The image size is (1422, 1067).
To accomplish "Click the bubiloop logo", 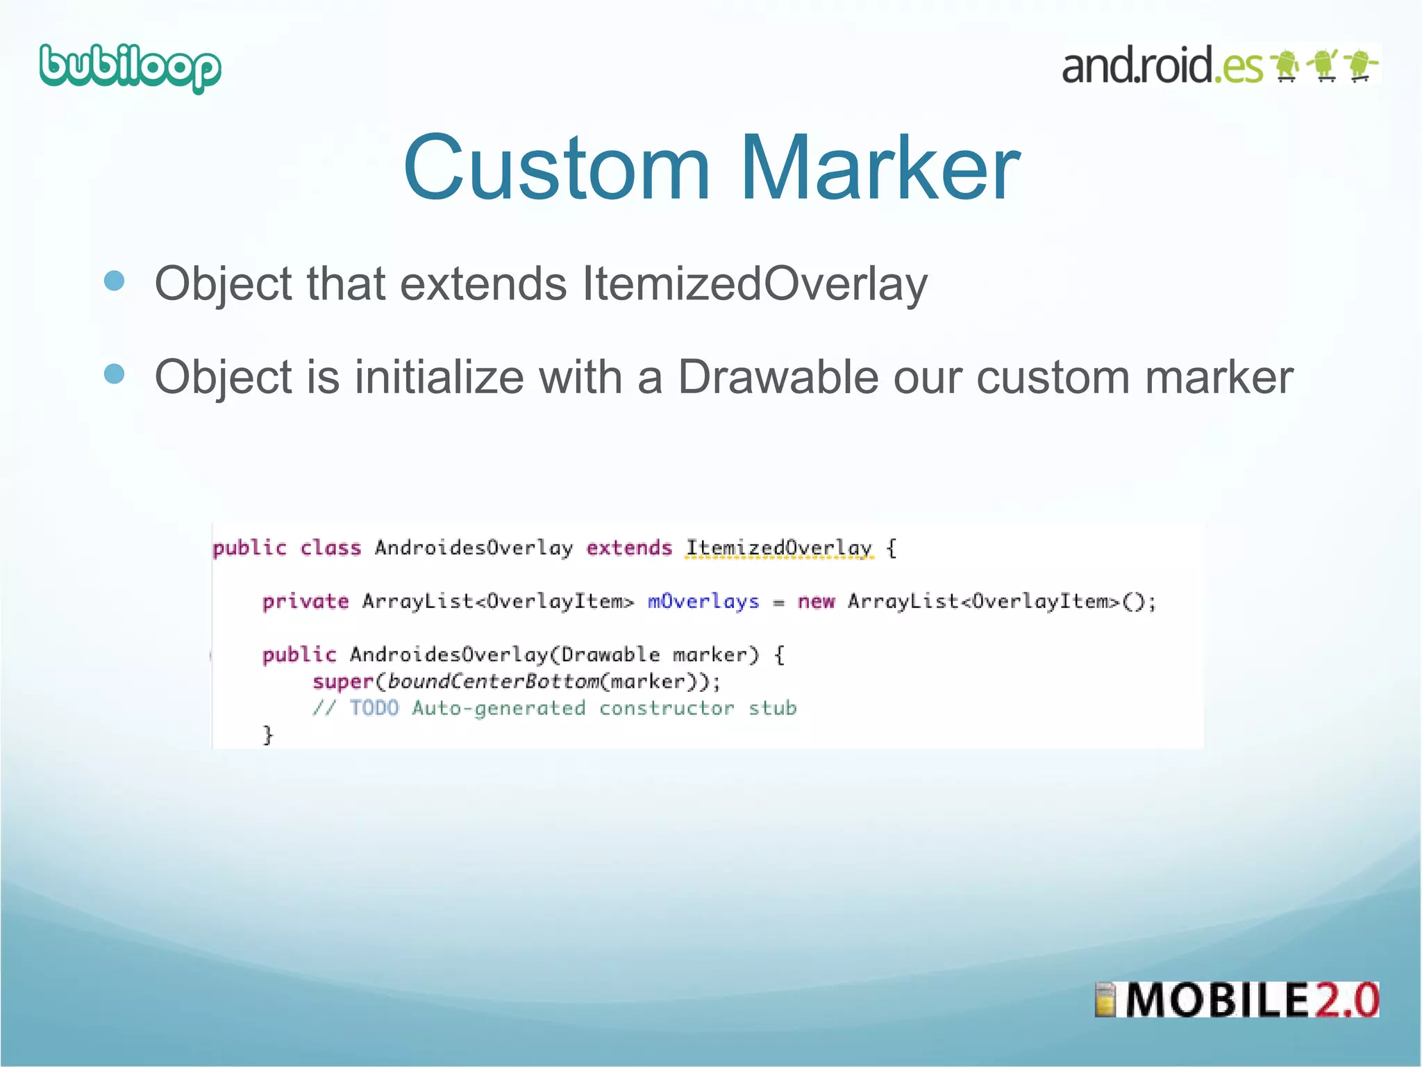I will (x=130, y=68).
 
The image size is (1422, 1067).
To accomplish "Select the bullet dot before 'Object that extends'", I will (x=114, y=281).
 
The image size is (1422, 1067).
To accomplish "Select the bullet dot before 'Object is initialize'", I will (x=114, y=374).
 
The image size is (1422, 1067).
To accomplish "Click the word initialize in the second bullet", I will (x=439, y=377).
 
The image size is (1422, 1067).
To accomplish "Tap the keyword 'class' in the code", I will (x=331, y=548).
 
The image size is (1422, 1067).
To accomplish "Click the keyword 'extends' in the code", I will (x=629, y=548).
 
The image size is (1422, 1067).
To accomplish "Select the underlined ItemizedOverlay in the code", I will (x=778, y=548).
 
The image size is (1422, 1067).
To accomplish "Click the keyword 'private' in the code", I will (x=306, y=602).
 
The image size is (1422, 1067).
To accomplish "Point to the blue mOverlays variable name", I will (x=703, y=602).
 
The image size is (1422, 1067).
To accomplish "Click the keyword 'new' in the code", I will (x=816, y=602).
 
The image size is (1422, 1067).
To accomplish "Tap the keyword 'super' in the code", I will (x=343, y=682).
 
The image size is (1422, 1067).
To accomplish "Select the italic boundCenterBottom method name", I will (x=493, y=682).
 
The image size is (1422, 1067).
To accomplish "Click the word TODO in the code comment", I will (x=374, y=709).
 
